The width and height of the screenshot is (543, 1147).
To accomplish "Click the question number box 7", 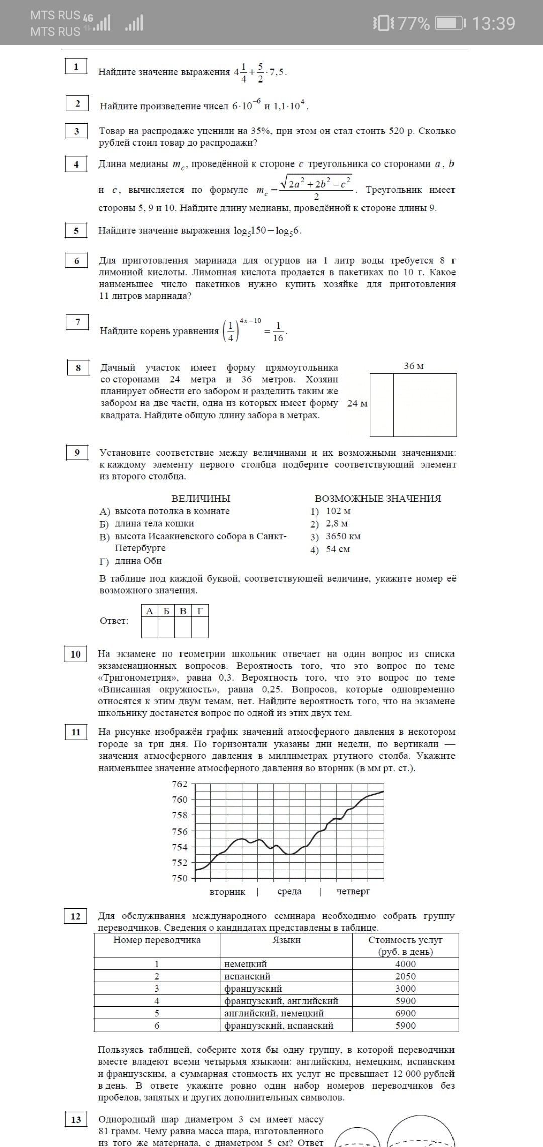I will (78, 322).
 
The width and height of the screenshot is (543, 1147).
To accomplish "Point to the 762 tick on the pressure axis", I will (179, 784).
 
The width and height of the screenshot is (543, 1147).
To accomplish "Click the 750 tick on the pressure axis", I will (179, 878).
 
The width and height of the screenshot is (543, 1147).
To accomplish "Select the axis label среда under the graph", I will (289, 891).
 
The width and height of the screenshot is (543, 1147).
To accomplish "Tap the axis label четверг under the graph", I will (353, 891).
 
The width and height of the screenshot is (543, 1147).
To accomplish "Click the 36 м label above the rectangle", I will (414, 366).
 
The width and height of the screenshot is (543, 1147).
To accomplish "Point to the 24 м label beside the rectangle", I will (357, 404).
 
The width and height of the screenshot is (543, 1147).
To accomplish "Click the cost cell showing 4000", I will (405, 964).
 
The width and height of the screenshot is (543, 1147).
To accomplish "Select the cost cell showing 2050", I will (405, 976).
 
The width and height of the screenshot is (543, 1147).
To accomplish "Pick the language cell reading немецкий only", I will (246, 964).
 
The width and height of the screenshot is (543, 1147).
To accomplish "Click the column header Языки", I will (286, 940).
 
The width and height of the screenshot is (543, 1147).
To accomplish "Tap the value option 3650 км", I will (343, 536).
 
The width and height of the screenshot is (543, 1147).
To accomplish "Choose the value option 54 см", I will (337, 549).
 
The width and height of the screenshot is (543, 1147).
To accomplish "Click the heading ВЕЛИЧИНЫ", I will (201, 499).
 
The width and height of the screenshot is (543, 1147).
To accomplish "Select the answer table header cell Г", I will (200, 611).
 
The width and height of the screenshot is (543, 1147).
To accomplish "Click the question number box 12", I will (75, 916).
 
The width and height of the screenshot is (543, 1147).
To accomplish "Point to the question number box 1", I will (76, 66).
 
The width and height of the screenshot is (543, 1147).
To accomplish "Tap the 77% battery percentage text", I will (414, 23).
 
